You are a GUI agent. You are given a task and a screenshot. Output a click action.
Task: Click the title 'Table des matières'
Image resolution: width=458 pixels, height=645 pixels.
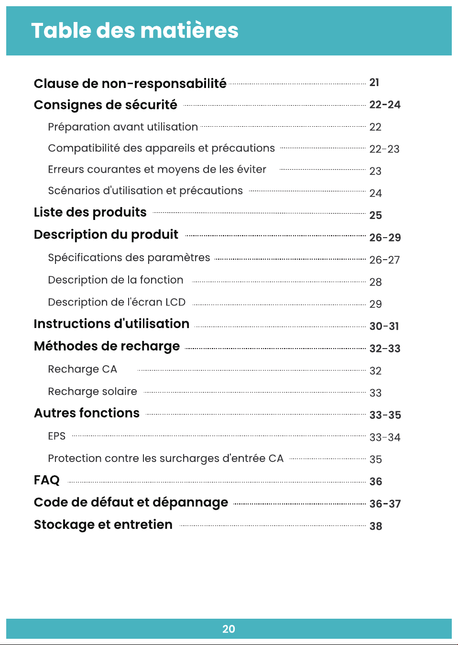click(135, 31)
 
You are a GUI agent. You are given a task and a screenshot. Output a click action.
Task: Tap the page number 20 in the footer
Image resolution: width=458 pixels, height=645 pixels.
click(229, 629)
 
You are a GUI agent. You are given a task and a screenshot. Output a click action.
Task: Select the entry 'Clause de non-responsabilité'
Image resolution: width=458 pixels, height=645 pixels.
click(130, 84)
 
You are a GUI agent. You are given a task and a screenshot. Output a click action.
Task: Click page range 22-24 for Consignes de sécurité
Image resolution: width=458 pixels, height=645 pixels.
click(385, 105)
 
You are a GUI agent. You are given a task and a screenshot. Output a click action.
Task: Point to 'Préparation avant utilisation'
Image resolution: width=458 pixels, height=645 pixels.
click(123, 127)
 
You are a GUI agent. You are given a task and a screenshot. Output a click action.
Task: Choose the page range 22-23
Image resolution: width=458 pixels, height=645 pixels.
click(384, 149)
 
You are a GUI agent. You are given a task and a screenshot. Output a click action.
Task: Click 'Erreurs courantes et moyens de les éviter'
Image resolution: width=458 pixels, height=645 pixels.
click(157, 169)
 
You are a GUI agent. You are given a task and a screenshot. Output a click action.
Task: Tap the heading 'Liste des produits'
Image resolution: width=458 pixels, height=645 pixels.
click(90, 212)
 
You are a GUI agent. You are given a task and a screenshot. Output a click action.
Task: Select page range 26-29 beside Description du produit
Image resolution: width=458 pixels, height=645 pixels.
click(385, 238)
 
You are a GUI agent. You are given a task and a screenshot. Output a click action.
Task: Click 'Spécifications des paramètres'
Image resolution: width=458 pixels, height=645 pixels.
click(129, 258)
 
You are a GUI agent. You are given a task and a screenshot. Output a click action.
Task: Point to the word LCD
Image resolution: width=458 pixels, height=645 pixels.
click(175, 302)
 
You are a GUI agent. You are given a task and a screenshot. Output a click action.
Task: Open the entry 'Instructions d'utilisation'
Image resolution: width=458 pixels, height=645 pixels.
click(112, 324)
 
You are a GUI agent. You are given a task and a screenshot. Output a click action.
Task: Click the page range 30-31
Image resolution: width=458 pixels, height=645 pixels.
click(384, 326)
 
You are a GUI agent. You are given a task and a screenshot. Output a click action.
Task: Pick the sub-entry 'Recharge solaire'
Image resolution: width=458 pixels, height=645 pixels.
click(92, 392)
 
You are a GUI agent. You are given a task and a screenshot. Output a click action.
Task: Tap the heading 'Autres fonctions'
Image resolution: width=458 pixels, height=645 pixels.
click(87, 413)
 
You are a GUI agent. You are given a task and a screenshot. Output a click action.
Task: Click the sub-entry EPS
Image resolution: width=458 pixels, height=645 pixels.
click(57, 436)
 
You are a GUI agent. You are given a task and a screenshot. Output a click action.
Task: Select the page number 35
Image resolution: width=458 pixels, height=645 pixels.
click(376, 459)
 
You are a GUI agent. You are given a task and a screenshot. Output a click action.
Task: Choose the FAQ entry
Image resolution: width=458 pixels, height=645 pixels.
click(47, 480)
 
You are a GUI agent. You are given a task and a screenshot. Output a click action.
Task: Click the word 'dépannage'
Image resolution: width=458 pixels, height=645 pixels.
click(190, 503)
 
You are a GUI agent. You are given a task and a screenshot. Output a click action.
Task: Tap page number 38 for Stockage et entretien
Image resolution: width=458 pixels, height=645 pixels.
click(376, 526)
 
